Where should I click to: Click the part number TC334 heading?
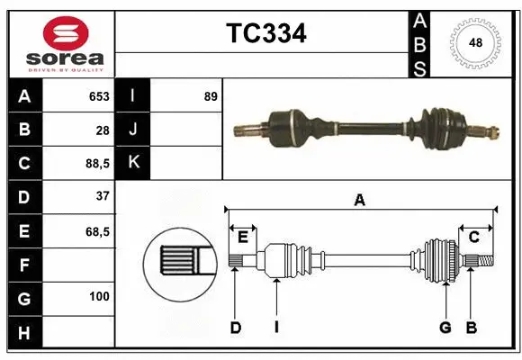(265, 34)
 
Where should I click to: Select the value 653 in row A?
(98, 96)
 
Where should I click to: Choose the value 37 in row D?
(102, 196)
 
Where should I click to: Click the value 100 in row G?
(99, 296)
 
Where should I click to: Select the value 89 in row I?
(211, 95)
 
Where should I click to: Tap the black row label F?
(23, 265)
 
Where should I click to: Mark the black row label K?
(133, 162)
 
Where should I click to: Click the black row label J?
(133, 130)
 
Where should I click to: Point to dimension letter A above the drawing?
(360, 200)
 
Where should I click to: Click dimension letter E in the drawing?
(242, 237)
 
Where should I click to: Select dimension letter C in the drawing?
(473, 237)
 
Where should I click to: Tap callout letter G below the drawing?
(445, 328)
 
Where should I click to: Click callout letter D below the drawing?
(235, 328)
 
